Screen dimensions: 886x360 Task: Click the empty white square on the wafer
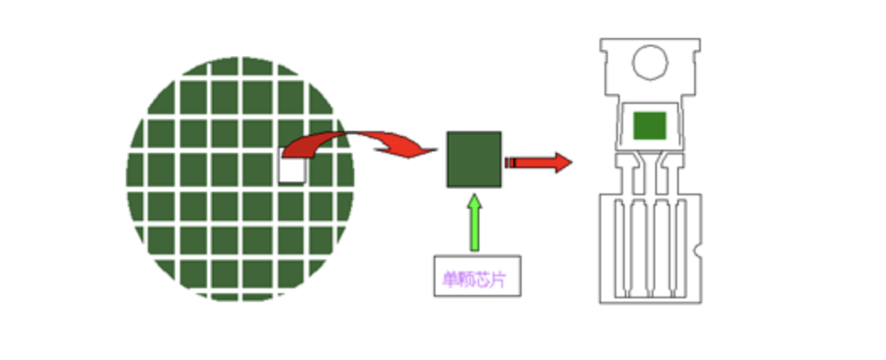point(292,169)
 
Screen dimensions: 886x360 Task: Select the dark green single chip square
point(473,159)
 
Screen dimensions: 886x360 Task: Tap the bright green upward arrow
point(473,223)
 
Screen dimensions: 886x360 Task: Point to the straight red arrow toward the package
point(541,162)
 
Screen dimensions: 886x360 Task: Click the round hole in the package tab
point(650,62)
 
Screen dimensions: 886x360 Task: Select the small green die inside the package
point(650,126)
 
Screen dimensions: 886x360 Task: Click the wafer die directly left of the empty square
point(258,169)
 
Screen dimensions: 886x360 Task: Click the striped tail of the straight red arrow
point(511,162)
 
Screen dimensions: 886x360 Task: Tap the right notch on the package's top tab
point(697,56)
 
